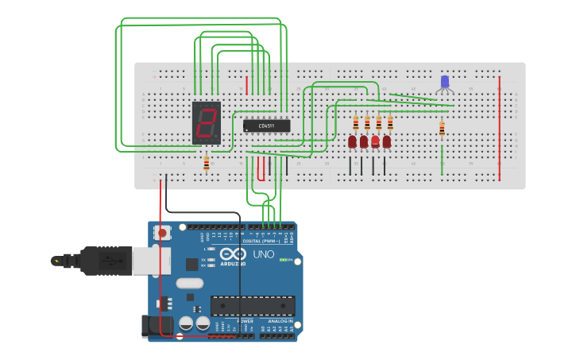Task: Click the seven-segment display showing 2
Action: (x=206, y=122)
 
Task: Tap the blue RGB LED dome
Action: (x=444, y=81)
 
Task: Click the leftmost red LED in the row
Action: (x=352, y=141)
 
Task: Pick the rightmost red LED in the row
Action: (x=387, y=141)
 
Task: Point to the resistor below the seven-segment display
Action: (x=207, y=163)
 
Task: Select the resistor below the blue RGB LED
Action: (x=442, y=129)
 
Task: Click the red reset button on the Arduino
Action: (x=163, y=233)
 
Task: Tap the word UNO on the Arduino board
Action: (x=263, y=254)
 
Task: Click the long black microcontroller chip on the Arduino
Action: (x=253, y=305)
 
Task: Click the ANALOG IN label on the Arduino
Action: (x=279, y=321)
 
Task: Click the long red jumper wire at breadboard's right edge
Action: (x=499, y=127)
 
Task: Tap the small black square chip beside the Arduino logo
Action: (x=192, y=265)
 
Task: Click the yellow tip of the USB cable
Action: (x=55, y=260)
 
